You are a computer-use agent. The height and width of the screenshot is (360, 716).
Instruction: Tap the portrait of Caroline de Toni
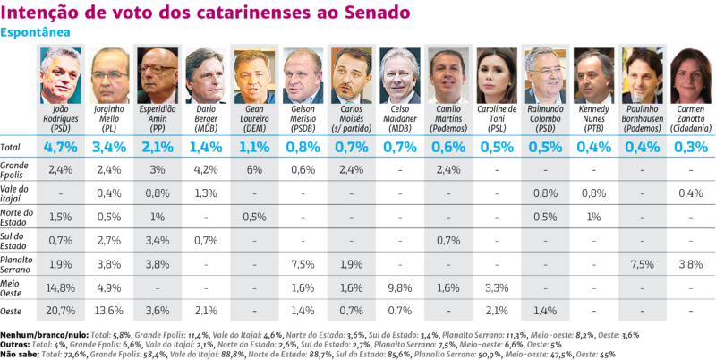click(x=497, y=75)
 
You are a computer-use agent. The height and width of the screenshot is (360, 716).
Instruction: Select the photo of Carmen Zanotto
click(x=690, y=75)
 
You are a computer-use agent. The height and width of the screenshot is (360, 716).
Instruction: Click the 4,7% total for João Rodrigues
click(x=61, y=146)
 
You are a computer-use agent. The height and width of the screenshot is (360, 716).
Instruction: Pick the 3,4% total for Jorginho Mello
click(x=109, y=146)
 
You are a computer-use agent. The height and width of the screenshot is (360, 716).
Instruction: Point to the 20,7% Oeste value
click(x=61, y=310)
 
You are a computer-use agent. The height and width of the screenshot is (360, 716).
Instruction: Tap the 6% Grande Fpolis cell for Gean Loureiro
click(x=254, y=169)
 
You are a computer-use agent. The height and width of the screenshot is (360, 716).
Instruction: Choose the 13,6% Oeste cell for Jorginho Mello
click(x=109, y=310)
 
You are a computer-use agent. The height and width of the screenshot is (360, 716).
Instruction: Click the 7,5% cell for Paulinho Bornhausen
click(x=642, y=263)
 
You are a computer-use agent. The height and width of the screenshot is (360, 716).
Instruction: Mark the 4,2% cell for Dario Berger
click(x=206, y=169)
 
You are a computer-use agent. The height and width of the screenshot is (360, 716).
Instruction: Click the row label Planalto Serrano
click(x=18, y=263)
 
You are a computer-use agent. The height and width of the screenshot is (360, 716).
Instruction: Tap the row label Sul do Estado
click(x=15, y=240)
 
